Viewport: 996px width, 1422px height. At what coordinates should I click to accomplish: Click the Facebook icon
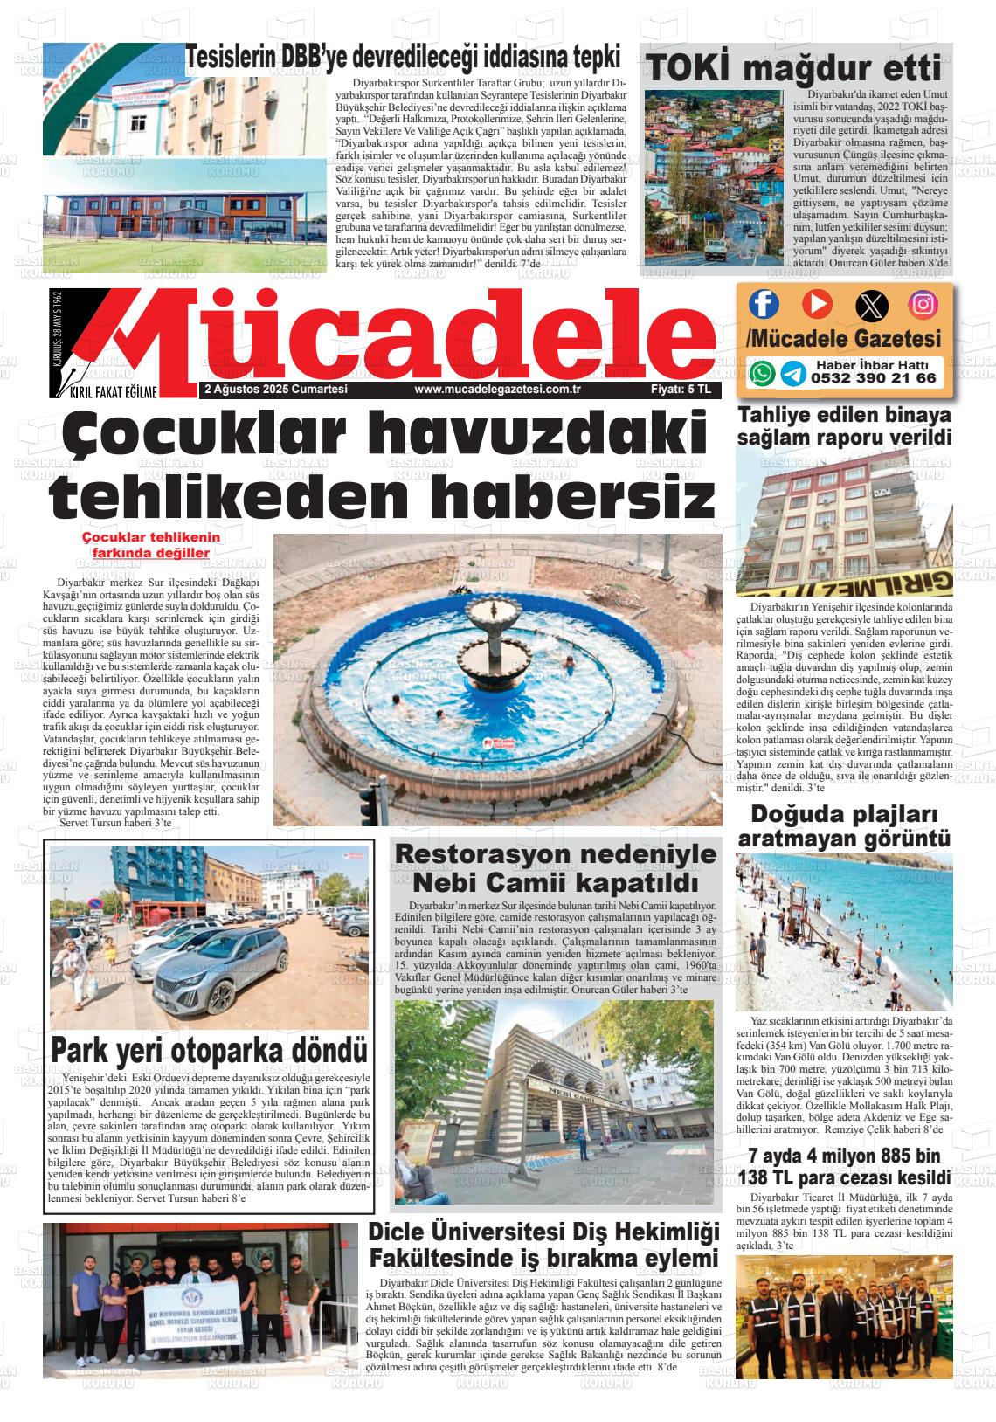pyautogui.click(x=764, y=304)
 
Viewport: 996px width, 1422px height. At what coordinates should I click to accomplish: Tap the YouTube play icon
pyautogui.click(x=817, y=304)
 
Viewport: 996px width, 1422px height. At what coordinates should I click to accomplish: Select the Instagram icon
pyautogui.click(x=923, y=304)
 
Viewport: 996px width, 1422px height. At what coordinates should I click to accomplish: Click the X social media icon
pyautogui.click(x=870, y=304)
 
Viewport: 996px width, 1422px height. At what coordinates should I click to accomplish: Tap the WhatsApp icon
pyautogui.click(x=763, y=374)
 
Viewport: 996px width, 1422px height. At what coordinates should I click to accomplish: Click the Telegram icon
pyautogui.click(x=792, y=374)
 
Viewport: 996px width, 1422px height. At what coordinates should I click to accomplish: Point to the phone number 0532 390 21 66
pyautogui.click(x=873, y=379)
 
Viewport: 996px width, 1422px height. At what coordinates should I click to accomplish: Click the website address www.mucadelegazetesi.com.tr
pyautogui.click(x=498, y=390)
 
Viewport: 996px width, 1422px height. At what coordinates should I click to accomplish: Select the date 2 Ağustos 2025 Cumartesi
pyautogui.click(x=275, y=390)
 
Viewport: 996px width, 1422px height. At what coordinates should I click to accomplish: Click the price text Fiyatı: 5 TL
pyautogui.click(x=681, y=390)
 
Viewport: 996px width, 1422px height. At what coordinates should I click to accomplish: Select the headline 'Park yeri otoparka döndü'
pyautogui.click(x=208, y=1049)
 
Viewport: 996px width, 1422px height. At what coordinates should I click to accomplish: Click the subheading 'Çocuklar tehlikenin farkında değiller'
pyautogui.click(x=150, y=545)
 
